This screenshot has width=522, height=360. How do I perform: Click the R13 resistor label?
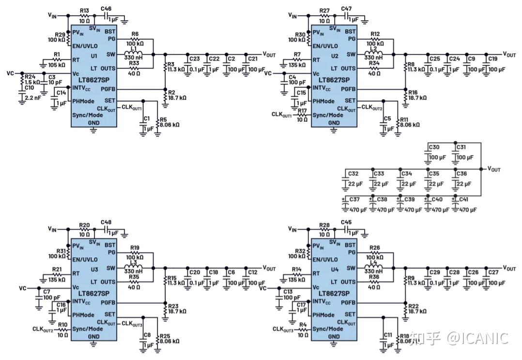(85, 11)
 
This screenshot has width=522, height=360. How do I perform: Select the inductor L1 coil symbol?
(134, 53)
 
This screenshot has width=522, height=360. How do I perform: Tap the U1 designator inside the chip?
(94, 56)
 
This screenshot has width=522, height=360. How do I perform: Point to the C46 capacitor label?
(106, 9)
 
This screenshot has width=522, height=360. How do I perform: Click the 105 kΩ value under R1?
(56, 65)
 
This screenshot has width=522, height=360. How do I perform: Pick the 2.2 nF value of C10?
(32, 98)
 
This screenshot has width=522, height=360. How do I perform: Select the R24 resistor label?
(30, 77)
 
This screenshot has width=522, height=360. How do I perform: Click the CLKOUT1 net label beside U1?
(132, 107)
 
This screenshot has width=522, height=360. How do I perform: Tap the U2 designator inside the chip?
(335, 56)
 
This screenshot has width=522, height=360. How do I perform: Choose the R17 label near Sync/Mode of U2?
(302, 110)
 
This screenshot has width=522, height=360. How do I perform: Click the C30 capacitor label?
(434, 147)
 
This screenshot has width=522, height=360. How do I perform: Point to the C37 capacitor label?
(354, 199)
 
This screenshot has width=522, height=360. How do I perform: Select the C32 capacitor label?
(353, 173)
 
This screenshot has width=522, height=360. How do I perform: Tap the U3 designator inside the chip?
(94, 269)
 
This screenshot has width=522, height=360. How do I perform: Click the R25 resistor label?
(165, 336)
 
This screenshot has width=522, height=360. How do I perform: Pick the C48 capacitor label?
(106, 222)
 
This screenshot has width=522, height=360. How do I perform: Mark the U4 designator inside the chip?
(335, 269)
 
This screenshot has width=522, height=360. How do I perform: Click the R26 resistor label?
(374, 248)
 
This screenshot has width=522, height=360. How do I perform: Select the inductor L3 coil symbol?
(134, 267)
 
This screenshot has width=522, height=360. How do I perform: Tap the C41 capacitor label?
(464, 199)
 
